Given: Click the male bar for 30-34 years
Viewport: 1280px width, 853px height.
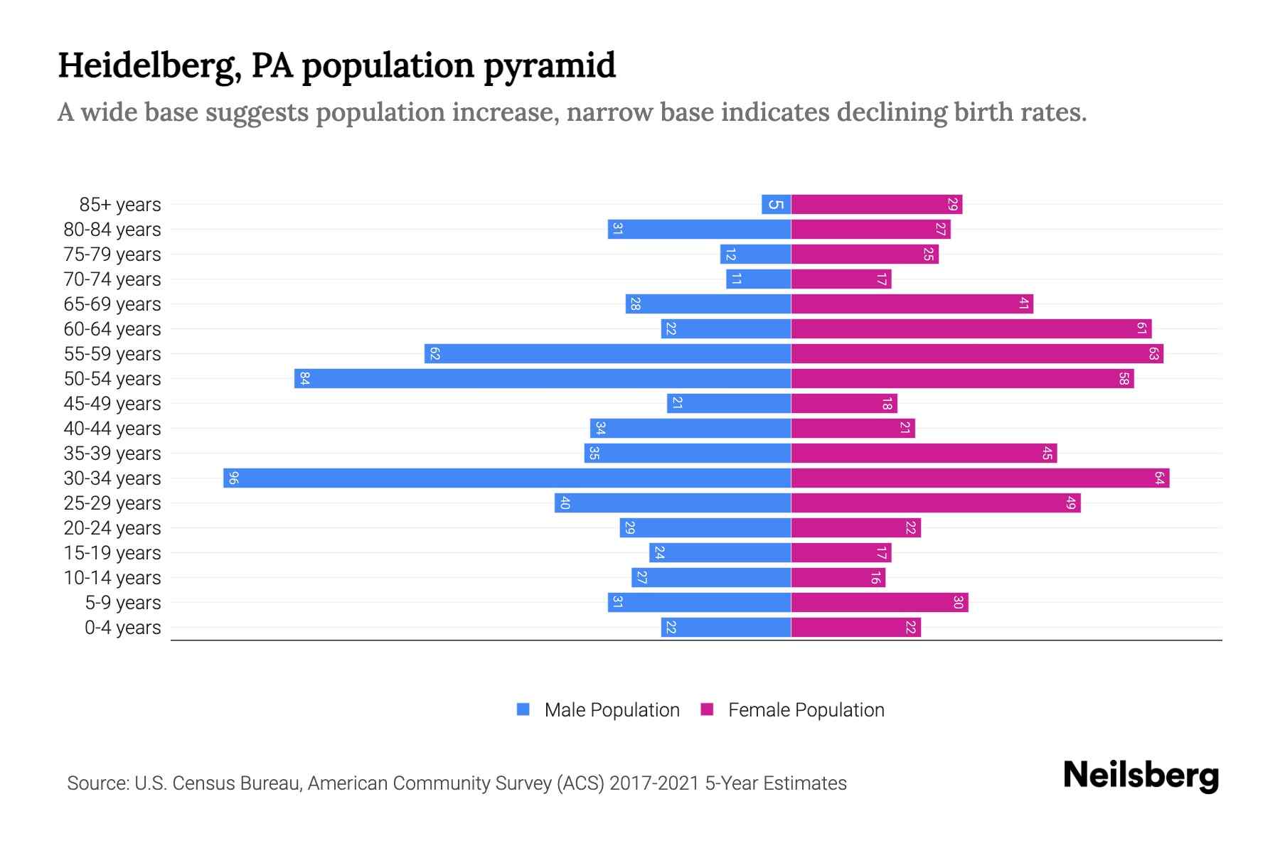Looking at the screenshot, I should click(x=506, y=478).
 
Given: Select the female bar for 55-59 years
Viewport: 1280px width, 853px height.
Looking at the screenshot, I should click(x=977, y=353).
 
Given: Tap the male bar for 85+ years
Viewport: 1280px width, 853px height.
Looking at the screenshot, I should click(x=776, y=204).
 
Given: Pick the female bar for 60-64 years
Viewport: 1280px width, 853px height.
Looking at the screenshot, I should click(x=971, y=328).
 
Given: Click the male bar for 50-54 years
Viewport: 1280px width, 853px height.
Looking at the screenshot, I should click(x=543, y=378).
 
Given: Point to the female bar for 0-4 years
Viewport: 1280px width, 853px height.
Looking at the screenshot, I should click(x=855, y=627).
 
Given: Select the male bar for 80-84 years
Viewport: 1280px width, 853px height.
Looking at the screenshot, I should click(x=699, y=229).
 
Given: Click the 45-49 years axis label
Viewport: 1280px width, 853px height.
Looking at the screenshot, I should click(x=112, y=404).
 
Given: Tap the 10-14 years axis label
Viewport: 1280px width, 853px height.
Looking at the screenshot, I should click(x=112, y=578).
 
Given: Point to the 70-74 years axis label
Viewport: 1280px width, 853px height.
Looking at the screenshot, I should click(x=112, y=279).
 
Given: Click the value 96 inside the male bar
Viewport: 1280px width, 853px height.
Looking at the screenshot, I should click(x=233, y=478).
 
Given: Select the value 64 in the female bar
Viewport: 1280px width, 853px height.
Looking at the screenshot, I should click(x=1158, y=478).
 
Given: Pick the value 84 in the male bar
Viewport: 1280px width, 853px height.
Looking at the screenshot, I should click(x=304, y=378).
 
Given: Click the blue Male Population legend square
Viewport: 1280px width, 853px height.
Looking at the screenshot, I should click(x=523, y=709).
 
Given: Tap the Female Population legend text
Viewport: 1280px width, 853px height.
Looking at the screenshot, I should click(x=806, y=709).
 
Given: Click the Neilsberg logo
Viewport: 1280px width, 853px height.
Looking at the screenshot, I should click(x=1141, y=776).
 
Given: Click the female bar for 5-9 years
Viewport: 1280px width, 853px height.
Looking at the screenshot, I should click(x=879, y=602).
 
